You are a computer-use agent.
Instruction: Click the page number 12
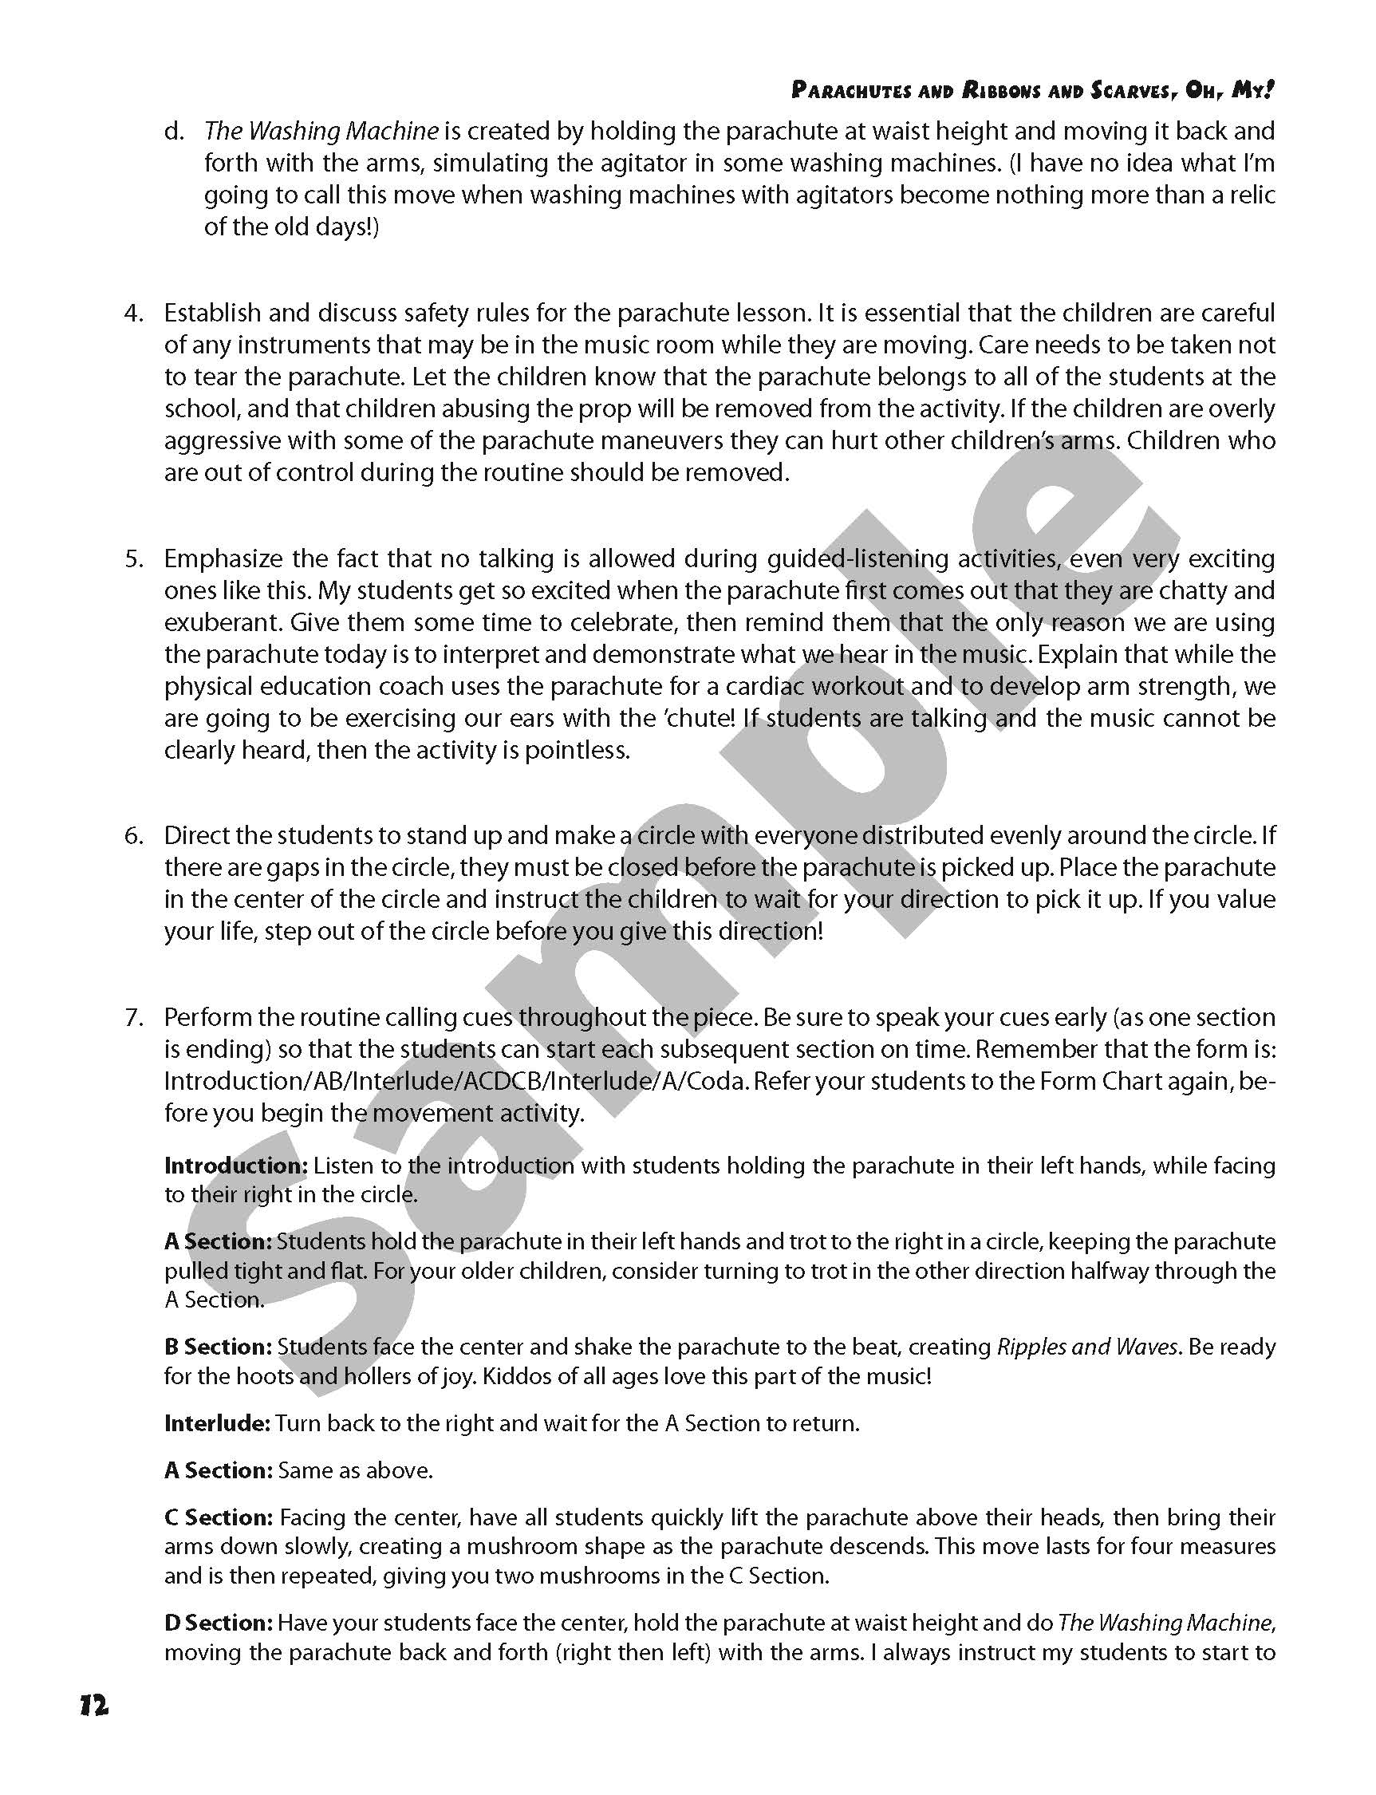[x=94, y=1706]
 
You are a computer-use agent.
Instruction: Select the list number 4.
[x=133, y=313]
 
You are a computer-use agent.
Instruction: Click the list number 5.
[x=133, y=558]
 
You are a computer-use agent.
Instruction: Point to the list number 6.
[x=133, y=835]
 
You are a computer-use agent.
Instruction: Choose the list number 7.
[x=133, y=1017]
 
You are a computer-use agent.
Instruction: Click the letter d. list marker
[x=174, y=131]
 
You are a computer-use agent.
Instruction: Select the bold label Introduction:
[x=236, y=1165]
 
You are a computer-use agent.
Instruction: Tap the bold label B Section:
[x=218, y=1347]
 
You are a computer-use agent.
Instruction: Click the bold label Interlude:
[x=217, y=1423]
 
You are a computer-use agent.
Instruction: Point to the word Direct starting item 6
[x=200, y=835]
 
